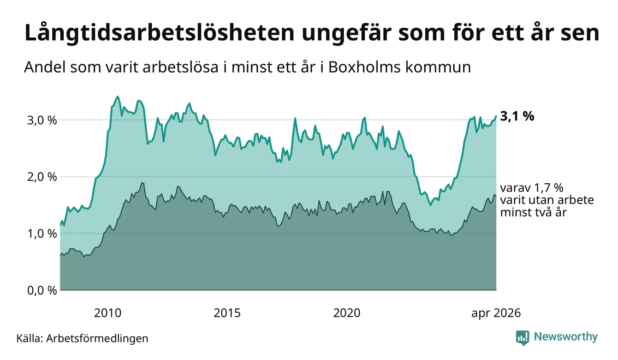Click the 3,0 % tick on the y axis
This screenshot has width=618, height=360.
(42, 120)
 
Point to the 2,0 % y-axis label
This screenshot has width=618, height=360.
(42, 177)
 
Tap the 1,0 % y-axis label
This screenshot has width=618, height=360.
(42, 234)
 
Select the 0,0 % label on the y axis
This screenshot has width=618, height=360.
(42, 290)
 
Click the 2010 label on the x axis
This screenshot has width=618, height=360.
(107, 313)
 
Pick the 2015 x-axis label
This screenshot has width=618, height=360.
(227, 313)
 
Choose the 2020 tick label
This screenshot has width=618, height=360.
(347, 313)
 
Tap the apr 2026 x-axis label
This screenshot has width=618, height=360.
(496, 313)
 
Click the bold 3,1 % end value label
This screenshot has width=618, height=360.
(517, 116)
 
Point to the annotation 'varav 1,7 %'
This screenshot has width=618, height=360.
(532, 188)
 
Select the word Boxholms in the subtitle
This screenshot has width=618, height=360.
(364, 67)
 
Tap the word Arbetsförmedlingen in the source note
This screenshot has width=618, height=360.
(97, 338)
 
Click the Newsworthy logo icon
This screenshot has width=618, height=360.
(523, 338)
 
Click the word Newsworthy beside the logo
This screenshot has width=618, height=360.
(565, 337)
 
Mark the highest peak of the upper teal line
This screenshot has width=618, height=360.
(118, 96)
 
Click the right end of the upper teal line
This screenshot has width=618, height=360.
(496, 116)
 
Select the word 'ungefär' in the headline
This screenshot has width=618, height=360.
(346, 34)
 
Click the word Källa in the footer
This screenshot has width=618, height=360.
(30, 338)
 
